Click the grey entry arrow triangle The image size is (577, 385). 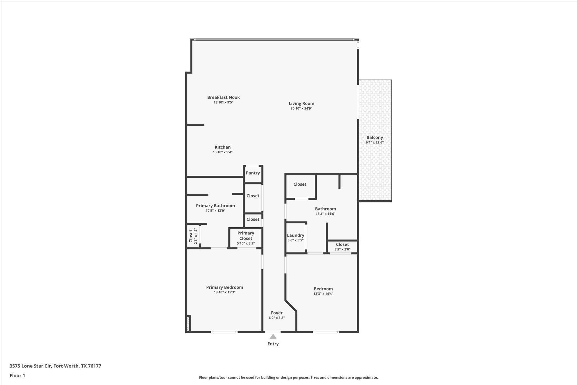click(273, 336)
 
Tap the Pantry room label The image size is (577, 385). click(253, 173)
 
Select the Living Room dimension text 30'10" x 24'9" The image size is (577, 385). click(301, 108)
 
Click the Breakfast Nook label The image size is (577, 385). click(223, 97)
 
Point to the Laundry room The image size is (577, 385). click(296, 237)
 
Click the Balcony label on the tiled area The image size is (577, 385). click(374, 138)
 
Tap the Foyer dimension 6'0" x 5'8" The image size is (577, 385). click(276, 318)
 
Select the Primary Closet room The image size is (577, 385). click(246, 238)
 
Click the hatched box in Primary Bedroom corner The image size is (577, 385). click(188, 324)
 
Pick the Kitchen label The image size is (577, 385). click(223, 147)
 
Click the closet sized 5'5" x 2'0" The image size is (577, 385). click(342, 247)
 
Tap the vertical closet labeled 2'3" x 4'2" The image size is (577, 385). click(193, 236)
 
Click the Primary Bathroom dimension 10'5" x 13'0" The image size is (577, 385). click(215, 210)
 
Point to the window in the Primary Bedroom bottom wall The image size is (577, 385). click(224, 332)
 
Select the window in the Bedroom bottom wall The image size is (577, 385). click(326, 332)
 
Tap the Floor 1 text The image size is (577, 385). click(17, 375)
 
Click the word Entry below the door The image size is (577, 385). click(273, 344)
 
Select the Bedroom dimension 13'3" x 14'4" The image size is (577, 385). click(323, 294)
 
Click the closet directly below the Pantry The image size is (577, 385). click(253, 196)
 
